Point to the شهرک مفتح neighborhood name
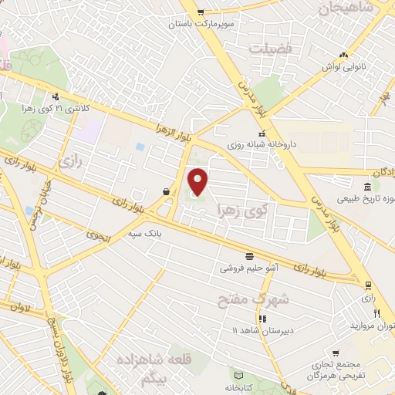(263, 298)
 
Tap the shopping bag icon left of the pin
(167, 192)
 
